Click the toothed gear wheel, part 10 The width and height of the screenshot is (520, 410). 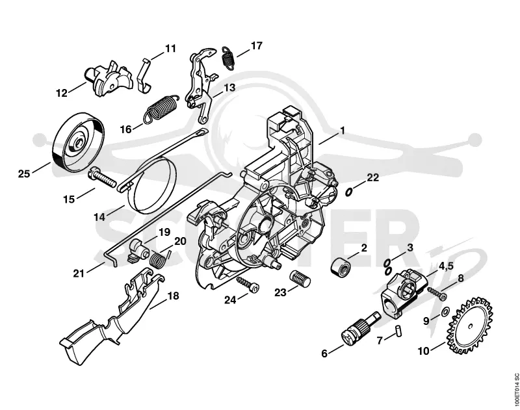click(470, 326)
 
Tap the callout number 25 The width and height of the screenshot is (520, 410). click(24, 173)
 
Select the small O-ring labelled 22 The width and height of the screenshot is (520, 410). click(348, 192)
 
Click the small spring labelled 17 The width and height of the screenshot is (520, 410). click(228, 58)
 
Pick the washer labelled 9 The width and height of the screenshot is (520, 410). click(445, 311)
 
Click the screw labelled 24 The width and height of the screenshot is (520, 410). click(248, 285)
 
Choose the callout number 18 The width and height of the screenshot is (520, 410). click(173, 296)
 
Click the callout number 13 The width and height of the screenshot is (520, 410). click(229, 88)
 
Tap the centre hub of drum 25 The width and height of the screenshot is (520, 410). click(79, 143)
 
